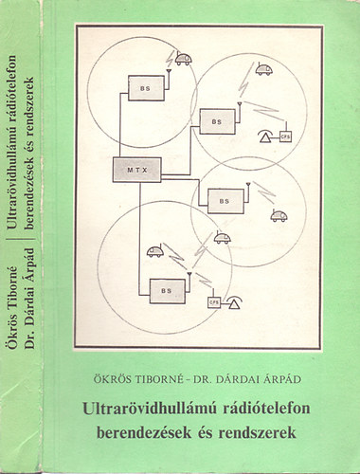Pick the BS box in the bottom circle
coord(165,291)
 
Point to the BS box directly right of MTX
coord(223,200)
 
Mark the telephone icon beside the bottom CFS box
coord(238,301)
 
